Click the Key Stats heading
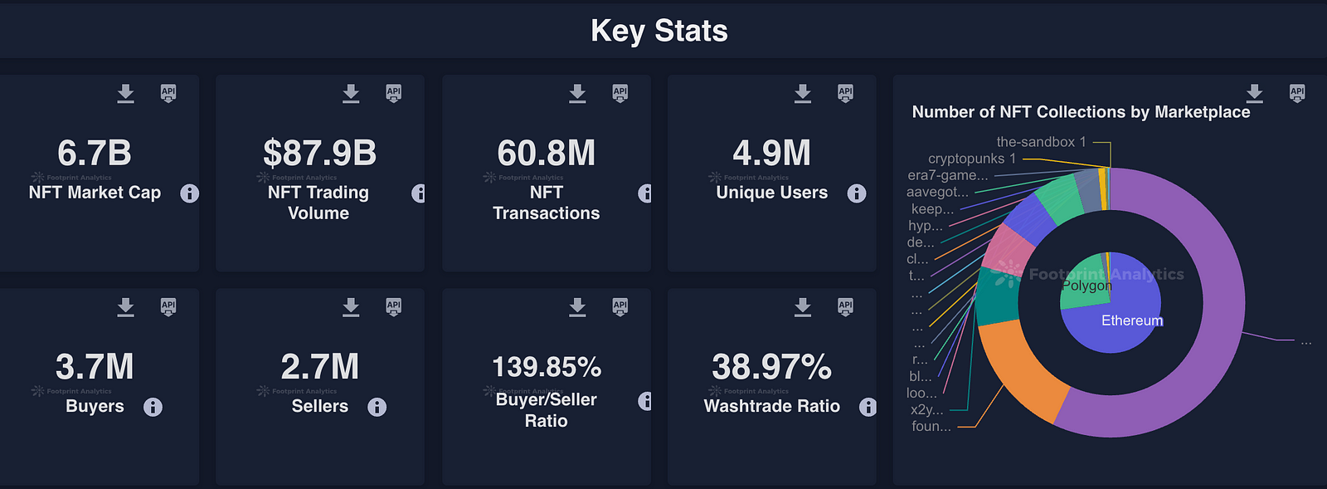(x=659, y=31)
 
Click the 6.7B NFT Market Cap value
(x=95, y=153)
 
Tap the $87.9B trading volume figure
(x=319, y=153)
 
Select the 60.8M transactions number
(x=546, y=153)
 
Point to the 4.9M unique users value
(x=771, y=153)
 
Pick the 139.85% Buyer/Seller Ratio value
(x=546, y=367)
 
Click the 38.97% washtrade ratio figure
(x=771, y=367)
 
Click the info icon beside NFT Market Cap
(x=189, y=193)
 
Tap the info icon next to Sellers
(x=377, y=407)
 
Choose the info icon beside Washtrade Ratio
(x=867, y=407)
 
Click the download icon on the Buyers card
(x=125, y=307)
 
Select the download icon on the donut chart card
(x=1254, y=93)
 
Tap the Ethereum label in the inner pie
(x=1131, y=320)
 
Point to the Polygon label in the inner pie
(x=1086, y=286)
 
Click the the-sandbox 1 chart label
(x=1041, y=142)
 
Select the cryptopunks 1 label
(x=971, y=159)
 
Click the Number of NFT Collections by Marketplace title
(x=1081, y=112)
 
